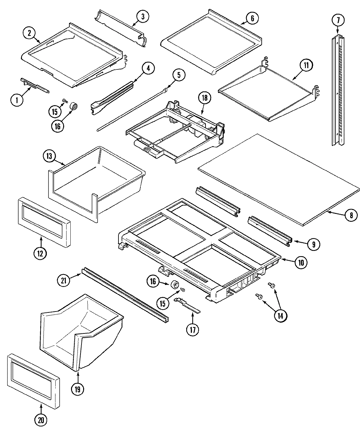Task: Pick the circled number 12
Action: [41, 253]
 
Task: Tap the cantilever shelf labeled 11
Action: [268, 95]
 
